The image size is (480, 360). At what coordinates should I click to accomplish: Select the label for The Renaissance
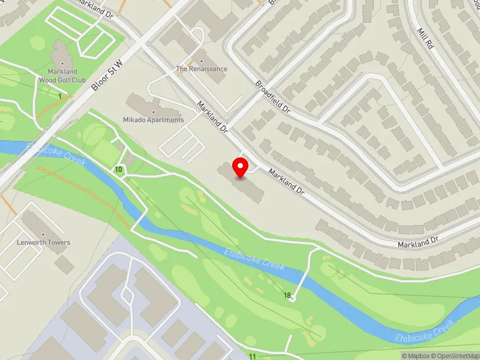tap(202, 68)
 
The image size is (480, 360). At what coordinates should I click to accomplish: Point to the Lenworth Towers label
tap(43, 242)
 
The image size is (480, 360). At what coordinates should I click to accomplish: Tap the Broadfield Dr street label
tap(272, 97)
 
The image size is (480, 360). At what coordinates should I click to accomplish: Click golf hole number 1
tap(60, 96)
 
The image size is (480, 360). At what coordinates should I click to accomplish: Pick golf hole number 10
tap(119, 170)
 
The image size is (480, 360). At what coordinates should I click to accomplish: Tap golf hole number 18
tap(288, 295)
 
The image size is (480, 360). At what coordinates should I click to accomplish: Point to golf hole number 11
tap(253, 356)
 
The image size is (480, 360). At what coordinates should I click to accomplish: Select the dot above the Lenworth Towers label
tap(43, 233)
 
